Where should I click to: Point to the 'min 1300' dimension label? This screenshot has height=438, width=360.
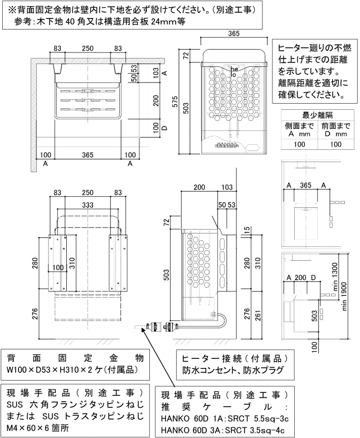click(x=335, y=275)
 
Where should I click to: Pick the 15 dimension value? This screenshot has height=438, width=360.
click(x=246, y=230)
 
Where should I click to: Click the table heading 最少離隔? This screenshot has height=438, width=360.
click(x=316, y=115)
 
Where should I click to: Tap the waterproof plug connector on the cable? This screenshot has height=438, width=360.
click(x=154, y=327)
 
